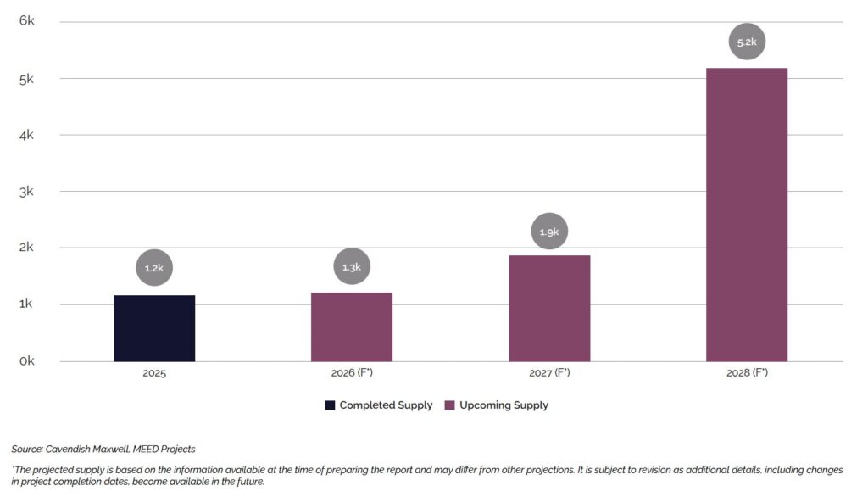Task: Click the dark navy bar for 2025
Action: tap(154, 328)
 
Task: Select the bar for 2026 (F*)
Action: tap(352, 327)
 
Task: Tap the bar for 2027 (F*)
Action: tap(549, 309)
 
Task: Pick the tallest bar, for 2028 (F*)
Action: tap(747, 215)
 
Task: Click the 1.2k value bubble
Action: tap(154, 268)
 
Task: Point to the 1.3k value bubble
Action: tap(352, 267)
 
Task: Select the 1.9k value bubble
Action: tap(549, 231)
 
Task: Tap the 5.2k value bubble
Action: tap(747, 42)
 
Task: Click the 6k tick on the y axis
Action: tap(26, 21)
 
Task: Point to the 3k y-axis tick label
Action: tap(26, 191)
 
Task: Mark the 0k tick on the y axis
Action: tap(26, 360)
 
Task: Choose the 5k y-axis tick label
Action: tap(26, 78)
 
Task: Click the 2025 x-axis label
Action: tap(154, 373)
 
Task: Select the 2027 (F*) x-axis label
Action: tap(549, 373)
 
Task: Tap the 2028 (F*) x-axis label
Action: tap(747, 373)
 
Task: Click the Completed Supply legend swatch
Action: tap(330, 405)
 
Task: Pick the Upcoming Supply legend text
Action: tap(504, 405)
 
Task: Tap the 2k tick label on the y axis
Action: tap(26, 248)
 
